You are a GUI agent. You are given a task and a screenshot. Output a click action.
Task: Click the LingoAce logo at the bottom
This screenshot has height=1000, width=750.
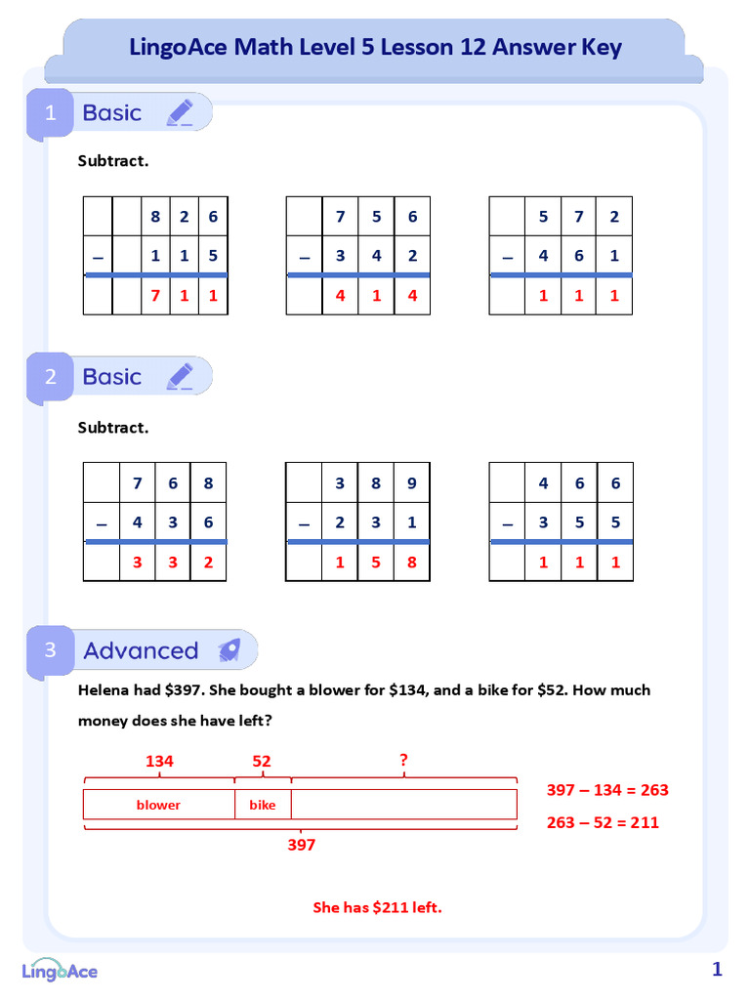[x=61, y=970]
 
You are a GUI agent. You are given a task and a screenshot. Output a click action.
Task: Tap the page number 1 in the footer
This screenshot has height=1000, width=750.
[x=717, y=970]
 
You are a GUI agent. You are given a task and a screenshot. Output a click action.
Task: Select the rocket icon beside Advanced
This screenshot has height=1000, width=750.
[x=229, y=650]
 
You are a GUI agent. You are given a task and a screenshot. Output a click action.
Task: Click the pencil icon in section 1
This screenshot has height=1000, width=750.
[x=180, y=113]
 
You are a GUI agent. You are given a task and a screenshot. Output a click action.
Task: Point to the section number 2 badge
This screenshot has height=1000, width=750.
[x=51, y=377]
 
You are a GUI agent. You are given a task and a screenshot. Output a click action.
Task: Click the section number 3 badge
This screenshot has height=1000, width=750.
[x=51, y=650]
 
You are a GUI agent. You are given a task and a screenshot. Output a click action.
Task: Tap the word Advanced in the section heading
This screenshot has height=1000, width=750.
[x=141, y=650]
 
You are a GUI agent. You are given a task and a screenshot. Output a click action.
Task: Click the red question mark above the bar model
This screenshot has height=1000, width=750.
[x=403, y=759]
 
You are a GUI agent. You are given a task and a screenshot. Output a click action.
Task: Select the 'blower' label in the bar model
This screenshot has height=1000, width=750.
[x=158, y=805]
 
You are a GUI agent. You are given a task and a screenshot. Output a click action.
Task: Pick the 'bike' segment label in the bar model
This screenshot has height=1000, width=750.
[x=263, y=805]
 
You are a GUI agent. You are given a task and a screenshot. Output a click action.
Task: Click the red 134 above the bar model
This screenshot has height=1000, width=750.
[x=159, y=761]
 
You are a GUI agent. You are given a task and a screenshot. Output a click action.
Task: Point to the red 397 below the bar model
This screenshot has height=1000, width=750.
[x=301, y=845]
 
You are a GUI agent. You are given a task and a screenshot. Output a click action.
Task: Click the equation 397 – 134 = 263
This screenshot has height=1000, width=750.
[x=606, y=790]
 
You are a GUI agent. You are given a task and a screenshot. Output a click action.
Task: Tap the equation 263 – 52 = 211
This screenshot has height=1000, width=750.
[x=603, y=822]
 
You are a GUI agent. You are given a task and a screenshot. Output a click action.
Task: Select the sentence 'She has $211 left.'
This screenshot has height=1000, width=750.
[x=377, y=907]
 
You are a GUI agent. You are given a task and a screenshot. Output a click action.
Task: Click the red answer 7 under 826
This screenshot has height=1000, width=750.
[x=155, y=295]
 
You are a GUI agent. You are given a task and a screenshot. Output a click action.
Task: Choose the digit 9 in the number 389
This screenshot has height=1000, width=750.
[x=411, y=482]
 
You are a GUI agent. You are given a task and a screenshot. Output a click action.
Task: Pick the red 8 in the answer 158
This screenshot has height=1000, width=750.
[x=411, y=562]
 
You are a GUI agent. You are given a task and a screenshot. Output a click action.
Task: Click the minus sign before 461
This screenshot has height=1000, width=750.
[x=507, y=257]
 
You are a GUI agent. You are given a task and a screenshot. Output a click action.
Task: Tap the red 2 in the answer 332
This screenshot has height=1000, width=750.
[x=208, y=562]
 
